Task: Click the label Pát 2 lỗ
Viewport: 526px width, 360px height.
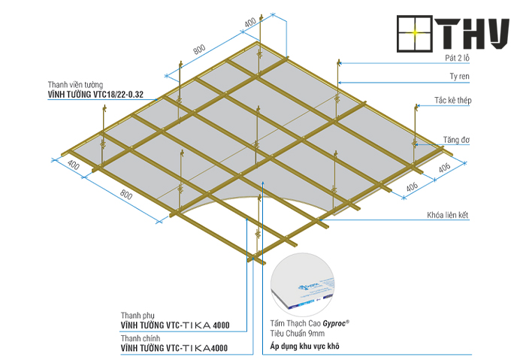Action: point(457,58)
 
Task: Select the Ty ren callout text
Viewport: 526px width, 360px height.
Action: point(459,77)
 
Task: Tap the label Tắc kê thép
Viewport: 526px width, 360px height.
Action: point(453,100)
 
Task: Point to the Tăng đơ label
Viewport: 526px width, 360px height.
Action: point(456,140)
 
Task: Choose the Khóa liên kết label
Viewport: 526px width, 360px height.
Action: point(448,215)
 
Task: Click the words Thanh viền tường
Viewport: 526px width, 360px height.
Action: point(75,84)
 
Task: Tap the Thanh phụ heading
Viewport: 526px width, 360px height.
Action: point(138,316)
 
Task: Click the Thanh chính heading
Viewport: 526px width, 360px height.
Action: point(141,338)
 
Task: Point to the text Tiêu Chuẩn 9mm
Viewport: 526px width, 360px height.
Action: point(298,334)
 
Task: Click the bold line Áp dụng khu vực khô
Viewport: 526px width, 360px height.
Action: point(304,346)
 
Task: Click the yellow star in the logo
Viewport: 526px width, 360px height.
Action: point(415,32)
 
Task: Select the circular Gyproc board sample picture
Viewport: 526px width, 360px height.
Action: point(303,285)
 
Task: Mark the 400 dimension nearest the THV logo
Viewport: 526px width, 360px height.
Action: point(250,23)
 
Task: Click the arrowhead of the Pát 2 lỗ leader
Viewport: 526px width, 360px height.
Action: point(340,62)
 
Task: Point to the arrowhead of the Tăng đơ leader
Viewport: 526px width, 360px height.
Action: point(416,144)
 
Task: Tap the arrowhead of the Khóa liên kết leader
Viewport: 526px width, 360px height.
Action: point(320,219)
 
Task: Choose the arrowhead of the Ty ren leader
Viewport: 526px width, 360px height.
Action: point(340,83)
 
